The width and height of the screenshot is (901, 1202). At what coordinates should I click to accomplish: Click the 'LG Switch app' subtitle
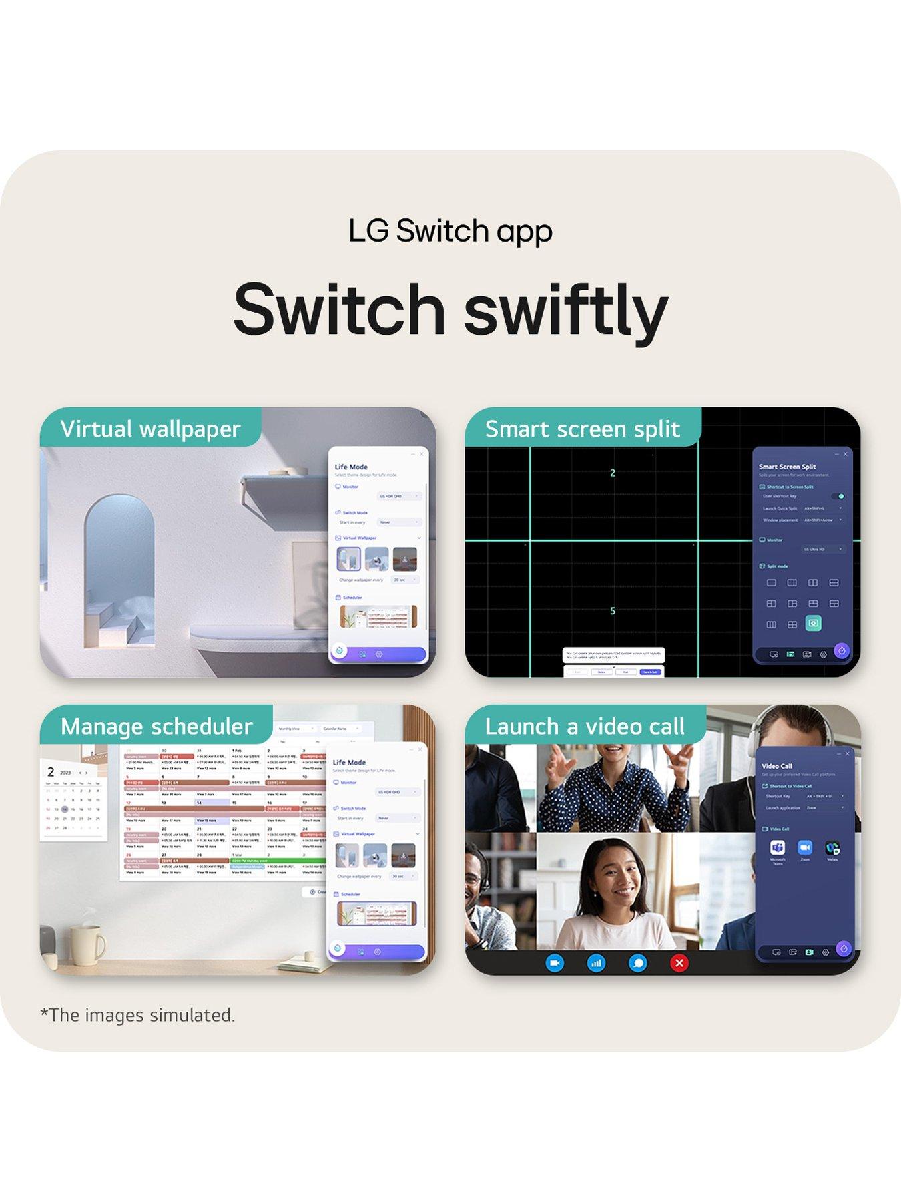(x=450, y=231)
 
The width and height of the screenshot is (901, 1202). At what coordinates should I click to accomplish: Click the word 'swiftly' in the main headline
(x=566, y=309)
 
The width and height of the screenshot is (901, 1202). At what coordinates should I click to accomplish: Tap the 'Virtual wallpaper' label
(x=150, y=429)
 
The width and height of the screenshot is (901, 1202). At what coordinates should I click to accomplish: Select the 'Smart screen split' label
(x=582, y=429)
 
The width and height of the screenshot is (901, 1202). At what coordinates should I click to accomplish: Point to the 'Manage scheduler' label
(x=156, y=726)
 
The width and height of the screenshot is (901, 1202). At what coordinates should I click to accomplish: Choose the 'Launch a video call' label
(x=585, y=726)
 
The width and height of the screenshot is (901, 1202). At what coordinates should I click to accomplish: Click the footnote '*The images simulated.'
(x=137, y=1015)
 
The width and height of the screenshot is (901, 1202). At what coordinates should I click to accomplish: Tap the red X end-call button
(x=679, y=963)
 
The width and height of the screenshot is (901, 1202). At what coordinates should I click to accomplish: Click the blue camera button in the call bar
(x=555, y=963)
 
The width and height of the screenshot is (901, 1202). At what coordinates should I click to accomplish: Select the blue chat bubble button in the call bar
(x=638, y=963)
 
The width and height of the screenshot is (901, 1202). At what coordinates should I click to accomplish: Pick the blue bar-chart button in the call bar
(x=596, y=963)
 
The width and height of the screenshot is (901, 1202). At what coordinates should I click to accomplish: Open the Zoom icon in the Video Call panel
(x=805, y=847)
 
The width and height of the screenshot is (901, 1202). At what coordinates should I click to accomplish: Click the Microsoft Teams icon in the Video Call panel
(x=778, y=847)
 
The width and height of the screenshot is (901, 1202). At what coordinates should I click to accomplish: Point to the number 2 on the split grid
(x=613, y=473)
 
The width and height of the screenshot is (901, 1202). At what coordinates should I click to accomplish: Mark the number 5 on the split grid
(x=613, y=611)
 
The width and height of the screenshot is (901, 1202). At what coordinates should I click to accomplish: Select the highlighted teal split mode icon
(x=813, y=624)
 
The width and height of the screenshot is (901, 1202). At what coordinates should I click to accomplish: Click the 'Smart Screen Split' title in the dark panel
(x=787, y=467)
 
